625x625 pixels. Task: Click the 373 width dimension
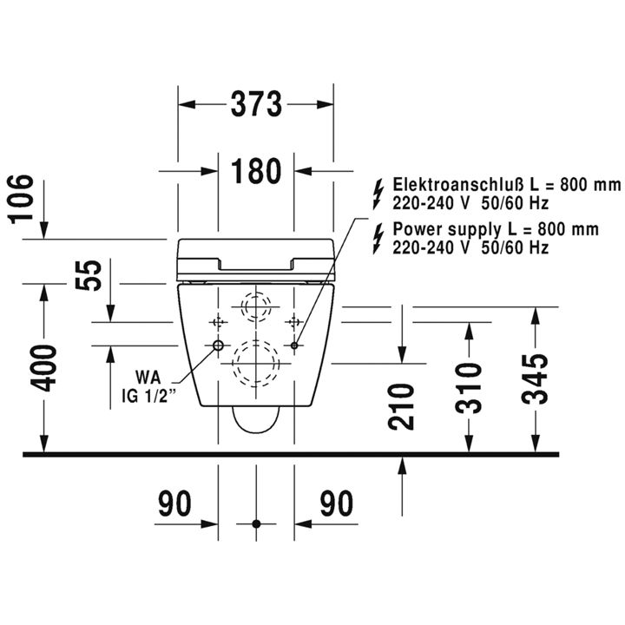pyautogui.click(x=256, y=104)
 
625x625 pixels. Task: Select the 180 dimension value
pyautogui.click(x=256, y=171)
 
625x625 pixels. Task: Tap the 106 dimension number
pyautogui.click(x=21, y=200)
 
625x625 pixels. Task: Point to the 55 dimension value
pyautogui.click(x=89, y=275)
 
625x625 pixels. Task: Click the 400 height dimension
pyautogui.click(x=44, y=368)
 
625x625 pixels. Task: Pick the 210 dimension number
pyautogui.click(x=401, y=406)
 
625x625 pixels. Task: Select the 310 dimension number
pyautogui.click(x=469, y=388)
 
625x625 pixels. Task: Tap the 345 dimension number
pyautogui.click(x=536, y=378)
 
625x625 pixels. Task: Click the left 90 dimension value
pyautogui.click(x=174, y=503)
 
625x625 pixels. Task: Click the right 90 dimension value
pyautogui.click(x=337, y=503)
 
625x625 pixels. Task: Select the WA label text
pyautogui.click(x=148, y=377)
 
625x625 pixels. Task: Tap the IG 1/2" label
pyautogui.click(x=148, y=397)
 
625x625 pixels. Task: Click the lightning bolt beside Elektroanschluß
pyautogui.click(x=378, y=194)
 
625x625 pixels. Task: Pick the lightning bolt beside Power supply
pyautogui.click(x=378, y=239)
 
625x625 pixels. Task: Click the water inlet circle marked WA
pyautogui.click(x=218, y=345)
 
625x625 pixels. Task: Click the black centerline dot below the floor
pyautogui.click(x=256, y=523)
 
